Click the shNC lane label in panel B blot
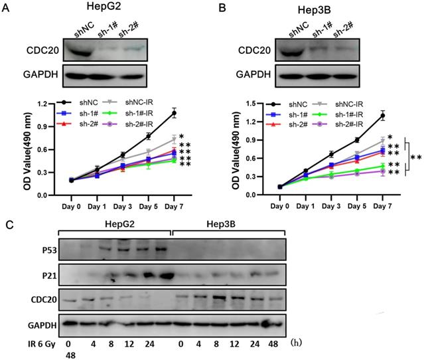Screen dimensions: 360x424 coord(299,31)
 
